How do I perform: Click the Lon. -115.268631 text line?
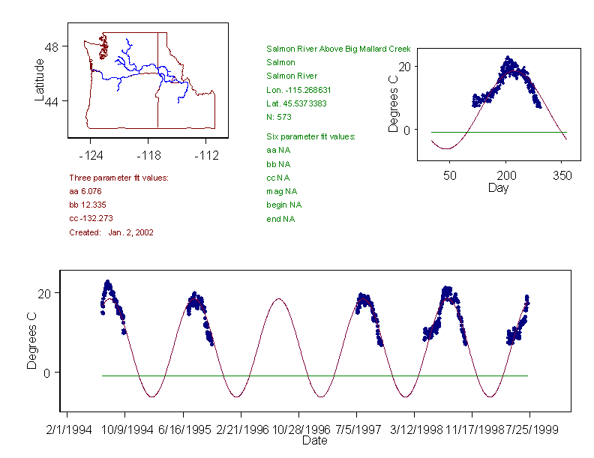298,90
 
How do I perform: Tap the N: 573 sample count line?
279,117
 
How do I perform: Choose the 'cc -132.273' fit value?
89,219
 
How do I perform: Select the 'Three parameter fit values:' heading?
118,178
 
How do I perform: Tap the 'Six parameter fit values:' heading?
310,136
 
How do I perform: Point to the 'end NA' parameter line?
280,219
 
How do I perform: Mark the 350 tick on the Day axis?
562,175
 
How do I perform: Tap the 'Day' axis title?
498,187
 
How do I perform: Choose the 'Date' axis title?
315,441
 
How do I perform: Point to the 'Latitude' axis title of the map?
40,79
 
